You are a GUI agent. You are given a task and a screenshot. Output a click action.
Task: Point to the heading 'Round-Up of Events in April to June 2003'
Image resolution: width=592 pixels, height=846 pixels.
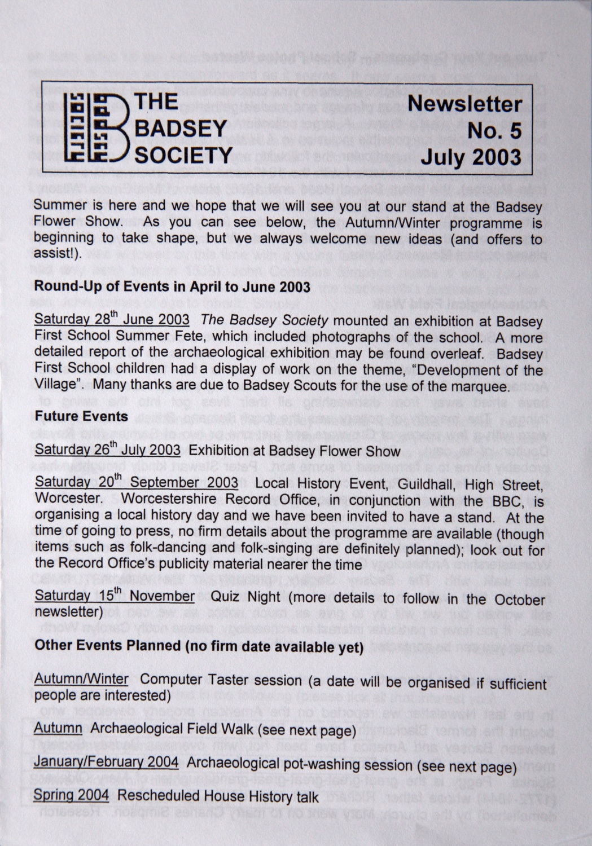click(x=172, y=286)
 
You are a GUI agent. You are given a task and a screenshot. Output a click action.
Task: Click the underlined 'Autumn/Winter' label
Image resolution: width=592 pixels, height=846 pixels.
click(x=81, y=679)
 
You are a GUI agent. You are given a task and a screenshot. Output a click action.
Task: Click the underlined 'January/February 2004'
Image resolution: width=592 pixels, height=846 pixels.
click(x=106, y=762)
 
